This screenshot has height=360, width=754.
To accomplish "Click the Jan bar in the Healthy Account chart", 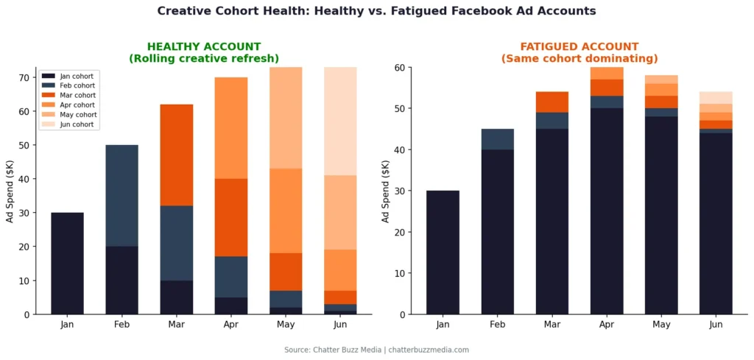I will coord(67,263).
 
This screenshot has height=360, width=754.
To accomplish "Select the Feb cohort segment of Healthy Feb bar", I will coord(121,195).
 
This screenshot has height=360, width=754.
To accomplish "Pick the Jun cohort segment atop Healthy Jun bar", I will coord(340,121).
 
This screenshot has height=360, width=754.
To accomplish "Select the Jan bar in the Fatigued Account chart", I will coord(443,253).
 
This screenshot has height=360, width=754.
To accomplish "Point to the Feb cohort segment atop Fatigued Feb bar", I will coord(497,139).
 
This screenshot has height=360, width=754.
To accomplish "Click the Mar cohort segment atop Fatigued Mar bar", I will coord(552,102).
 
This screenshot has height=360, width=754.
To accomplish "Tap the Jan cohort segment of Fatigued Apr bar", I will coord(607,212).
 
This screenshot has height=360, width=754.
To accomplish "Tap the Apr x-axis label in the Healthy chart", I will coord(231,325).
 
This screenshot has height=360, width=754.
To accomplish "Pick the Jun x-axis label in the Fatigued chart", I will coord(716,325).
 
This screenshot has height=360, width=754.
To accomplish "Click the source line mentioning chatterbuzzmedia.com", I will coord(376,350).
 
